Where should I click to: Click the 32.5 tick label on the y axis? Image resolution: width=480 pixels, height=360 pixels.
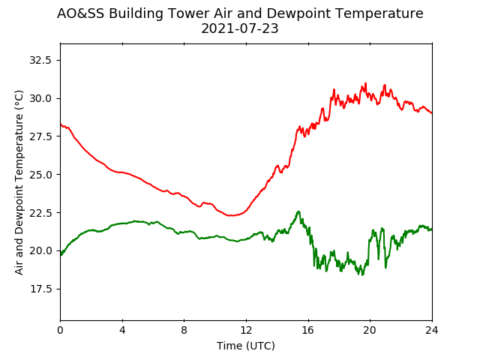40,60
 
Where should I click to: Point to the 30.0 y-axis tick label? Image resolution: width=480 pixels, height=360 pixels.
40,98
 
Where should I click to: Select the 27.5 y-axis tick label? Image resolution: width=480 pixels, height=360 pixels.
40,136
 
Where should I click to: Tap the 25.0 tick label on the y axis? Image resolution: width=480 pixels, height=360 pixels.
40,175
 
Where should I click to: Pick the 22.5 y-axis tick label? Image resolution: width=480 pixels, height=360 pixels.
40,213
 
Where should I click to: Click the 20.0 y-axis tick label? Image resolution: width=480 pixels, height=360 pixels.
40,251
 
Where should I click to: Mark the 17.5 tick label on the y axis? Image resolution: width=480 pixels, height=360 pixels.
40,289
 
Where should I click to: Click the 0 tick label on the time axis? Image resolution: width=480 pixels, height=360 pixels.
60,330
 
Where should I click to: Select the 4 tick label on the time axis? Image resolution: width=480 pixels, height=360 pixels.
122,330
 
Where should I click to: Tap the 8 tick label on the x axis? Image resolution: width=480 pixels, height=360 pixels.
184,330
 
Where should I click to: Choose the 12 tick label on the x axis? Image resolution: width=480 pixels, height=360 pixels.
246,330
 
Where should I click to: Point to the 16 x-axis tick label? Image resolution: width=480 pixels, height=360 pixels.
308,330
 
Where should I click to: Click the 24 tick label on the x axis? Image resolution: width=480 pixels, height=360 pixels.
432,330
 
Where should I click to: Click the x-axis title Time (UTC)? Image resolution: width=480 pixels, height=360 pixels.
246,346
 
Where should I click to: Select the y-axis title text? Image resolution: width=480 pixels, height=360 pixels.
19,182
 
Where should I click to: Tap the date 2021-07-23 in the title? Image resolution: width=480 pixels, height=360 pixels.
240,28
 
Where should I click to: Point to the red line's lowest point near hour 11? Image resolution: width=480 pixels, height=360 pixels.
231,215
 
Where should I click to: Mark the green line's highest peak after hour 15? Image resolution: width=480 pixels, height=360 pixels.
298,211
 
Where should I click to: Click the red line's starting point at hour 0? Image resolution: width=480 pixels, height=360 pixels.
61,124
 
